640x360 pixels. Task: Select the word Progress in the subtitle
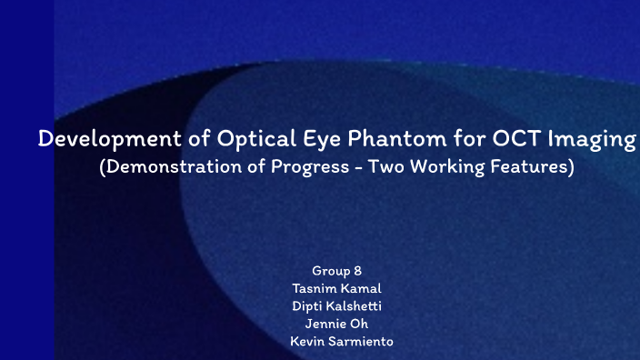(312, 169)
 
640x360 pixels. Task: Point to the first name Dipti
(308, 305)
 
